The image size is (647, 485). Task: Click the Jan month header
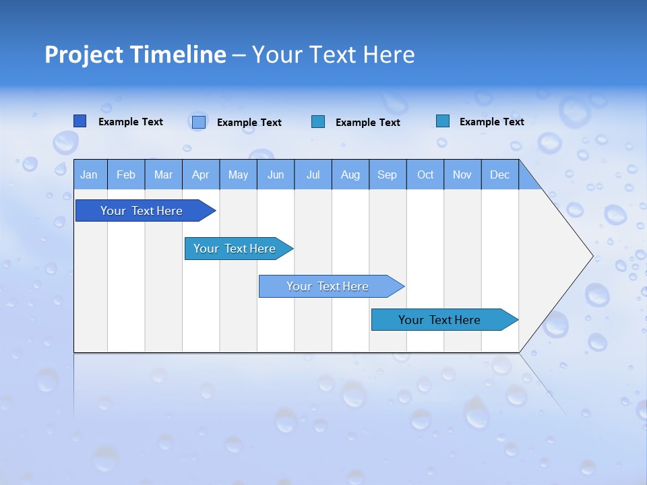coord(90,174)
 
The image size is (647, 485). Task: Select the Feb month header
coord(126,174)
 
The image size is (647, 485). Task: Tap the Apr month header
coord(201,174)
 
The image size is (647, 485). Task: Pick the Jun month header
coord(276,174)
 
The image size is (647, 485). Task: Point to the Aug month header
coord(350,174)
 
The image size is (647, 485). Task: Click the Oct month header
coord(425,174)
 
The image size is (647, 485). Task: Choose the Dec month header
coord(500,174)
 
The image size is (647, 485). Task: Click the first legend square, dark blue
coord(80,121)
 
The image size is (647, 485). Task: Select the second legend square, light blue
coord(199,122)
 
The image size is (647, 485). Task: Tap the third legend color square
coord(318,122)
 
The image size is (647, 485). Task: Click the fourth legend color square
coord(443,121)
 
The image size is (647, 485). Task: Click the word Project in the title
coord(84,55)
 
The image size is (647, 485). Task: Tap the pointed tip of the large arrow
coord(590,256)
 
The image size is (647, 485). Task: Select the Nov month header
coord(462,174)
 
